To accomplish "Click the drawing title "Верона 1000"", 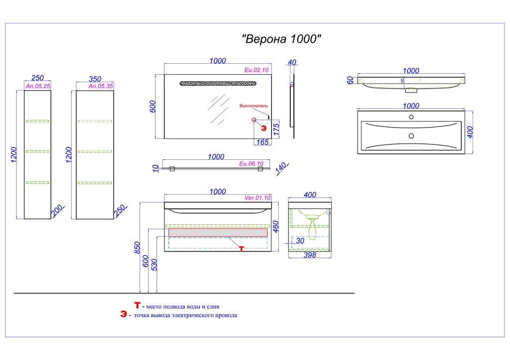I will [x=281, y=39].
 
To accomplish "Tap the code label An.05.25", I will [x=37, y=86].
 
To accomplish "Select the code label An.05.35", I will [x=101, y=86].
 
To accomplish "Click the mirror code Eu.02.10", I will [x=257, y=70].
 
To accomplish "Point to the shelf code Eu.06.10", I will [x=251, y=163].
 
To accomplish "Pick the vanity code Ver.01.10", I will [x=257, y=198].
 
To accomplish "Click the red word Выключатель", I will [x=254, y=106].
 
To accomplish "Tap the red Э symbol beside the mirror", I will [x=264, y=128].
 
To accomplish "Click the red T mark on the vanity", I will [x=242, y=248].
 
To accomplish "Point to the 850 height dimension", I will [x=138, y=247].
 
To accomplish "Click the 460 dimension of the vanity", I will [x=275, y=227].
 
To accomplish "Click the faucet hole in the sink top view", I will [x=411, y=118].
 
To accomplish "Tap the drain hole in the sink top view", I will [x=411, y=135].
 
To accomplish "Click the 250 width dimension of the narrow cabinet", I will [x=37, y=78].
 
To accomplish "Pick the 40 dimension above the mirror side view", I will [x=292, y=62].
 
